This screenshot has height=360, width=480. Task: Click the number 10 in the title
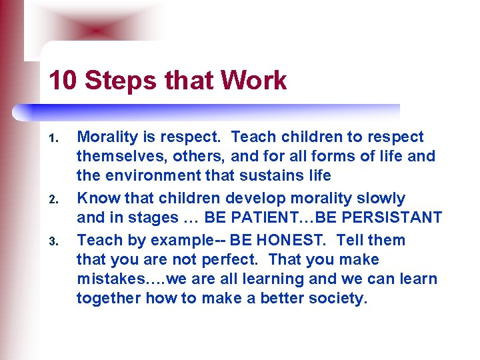(x=62, y=81)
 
